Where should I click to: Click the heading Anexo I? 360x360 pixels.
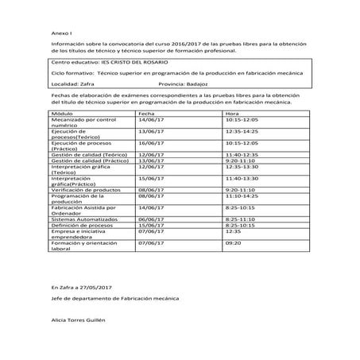60,35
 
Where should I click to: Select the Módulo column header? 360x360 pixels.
63,114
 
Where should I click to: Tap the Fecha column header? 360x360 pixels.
146,114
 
